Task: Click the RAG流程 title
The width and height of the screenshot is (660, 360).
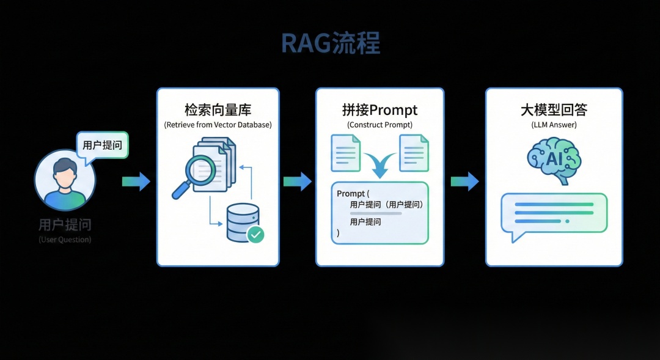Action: coord(330,43)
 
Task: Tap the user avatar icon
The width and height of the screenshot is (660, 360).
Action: coord(65,180)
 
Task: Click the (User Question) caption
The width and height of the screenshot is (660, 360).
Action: coord(65,240)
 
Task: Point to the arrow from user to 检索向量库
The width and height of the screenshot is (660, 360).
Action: coord(136,181)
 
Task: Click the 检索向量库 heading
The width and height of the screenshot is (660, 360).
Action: coord(218,111)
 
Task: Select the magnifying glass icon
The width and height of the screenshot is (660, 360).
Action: coord(195,174)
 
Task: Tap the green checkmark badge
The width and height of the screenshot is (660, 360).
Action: coord(255,234)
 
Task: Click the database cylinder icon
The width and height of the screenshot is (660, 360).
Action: coord(242,222)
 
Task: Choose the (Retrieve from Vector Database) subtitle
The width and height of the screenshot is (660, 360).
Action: coord(218,125)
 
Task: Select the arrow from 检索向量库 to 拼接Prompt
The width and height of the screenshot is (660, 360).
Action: coord(297,181)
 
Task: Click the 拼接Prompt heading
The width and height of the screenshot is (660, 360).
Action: coord(380,111)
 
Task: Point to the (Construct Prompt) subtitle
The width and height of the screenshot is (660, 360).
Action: coord(380,125)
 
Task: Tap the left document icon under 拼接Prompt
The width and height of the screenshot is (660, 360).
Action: coord(345,153)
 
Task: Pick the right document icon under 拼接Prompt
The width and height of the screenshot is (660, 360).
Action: coord(413,153)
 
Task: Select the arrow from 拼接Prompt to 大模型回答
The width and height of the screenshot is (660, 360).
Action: coord(464,181)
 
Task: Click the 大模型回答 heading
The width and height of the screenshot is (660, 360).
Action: coord(554,111)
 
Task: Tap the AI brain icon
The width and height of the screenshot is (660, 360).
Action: coord(553,159)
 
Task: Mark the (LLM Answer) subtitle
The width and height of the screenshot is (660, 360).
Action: coord(554,125)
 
